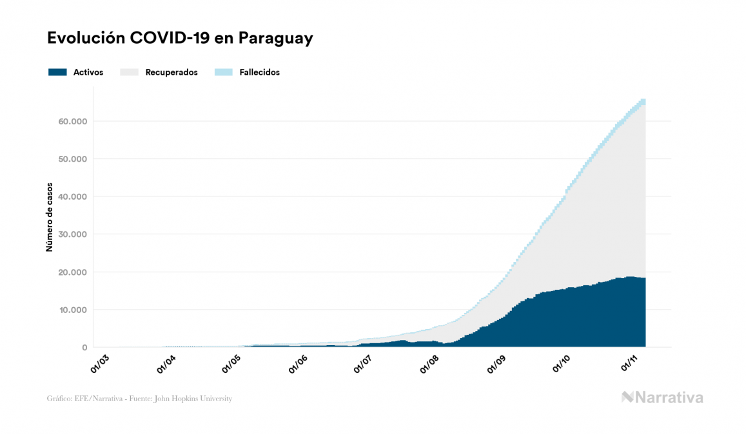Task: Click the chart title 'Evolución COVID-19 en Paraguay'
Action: (x=180, y=38)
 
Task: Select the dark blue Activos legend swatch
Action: (x=57, y=72)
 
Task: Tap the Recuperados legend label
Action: (x=171, y=72)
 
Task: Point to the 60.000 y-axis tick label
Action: (x=73, y=121)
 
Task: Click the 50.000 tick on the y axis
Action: (x=73, y=159)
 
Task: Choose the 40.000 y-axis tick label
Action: (x=73, y=196)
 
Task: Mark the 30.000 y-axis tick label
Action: (x=73, y=234)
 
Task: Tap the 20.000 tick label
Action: (x=73, y=272)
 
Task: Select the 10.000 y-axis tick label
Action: (x=73, y=310)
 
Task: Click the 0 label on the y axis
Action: (x=84, y=348)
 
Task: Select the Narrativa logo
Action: (x=662, y=397)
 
